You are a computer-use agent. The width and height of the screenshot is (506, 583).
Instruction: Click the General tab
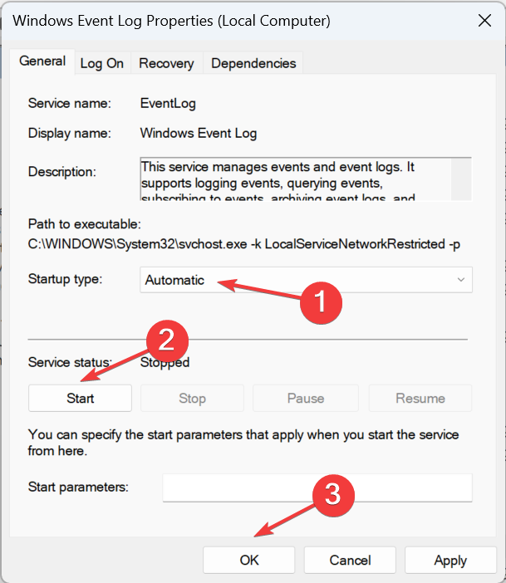pos(42,61)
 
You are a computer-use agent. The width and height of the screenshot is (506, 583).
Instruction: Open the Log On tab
pos(101,63)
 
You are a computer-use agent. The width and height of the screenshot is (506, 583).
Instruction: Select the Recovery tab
pos(166,63)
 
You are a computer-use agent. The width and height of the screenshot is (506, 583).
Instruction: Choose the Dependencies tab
pos(253,63)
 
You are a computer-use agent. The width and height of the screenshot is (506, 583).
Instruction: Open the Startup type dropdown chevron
pos(461,280)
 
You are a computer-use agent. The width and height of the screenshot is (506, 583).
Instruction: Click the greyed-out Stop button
pos(192,398)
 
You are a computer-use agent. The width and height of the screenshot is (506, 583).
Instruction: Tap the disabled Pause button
pos(305,398)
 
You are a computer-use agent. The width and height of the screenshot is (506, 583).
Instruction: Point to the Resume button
pos(420,398)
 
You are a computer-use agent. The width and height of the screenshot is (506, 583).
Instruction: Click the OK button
pos(249,561)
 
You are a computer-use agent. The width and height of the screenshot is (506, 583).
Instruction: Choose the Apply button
pos(450,561)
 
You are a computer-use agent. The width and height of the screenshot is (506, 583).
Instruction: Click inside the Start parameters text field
pos(317,487)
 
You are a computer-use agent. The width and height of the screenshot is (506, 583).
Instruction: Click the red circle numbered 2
pos(167,340)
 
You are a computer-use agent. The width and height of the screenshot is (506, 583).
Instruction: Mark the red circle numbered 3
pos(332,495)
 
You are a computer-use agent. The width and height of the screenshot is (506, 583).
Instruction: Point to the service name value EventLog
pos(168,104)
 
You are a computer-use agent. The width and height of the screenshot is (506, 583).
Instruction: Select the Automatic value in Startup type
pos(174,280)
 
